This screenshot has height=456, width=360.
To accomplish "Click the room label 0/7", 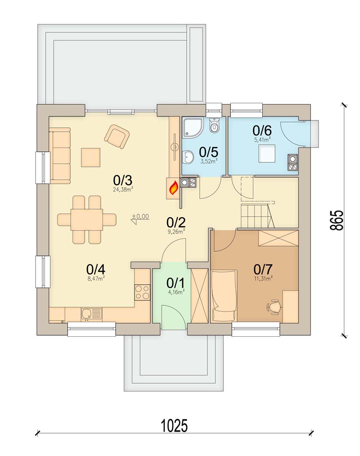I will (263, 269).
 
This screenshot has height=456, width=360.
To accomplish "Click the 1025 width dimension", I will (174, 425).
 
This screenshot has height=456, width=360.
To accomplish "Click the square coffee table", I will (90, 157).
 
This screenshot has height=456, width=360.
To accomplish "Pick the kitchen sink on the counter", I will (91, 313).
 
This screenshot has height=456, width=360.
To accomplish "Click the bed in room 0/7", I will (224, 296).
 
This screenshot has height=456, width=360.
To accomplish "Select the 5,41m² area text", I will (262, 140).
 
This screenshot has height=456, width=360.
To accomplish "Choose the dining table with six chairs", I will (87, 219).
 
